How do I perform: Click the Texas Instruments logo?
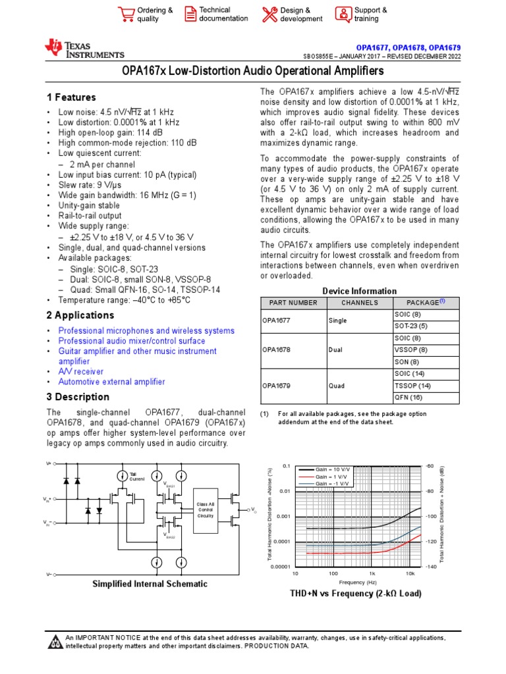pos(84,49)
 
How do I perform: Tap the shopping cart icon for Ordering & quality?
pos(125,14)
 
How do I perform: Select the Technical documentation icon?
pos(190,14)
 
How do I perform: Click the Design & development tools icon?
pos(269,14)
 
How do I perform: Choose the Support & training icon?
pos(343,14)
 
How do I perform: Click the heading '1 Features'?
pos(71,97)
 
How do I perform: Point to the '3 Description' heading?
pos(78,397)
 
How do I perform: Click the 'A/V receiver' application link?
pos(80,372)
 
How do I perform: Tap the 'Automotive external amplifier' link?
pos(111,382)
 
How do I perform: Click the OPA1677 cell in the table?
pos(276,321)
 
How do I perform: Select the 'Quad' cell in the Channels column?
pos(337,386)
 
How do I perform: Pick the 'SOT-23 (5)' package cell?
pos(410,326)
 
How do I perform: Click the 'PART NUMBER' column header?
pos(289,303)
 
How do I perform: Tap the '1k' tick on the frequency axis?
pos(372,573)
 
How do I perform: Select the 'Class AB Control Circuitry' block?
pos(206,510)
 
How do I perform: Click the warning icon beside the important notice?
pos(56,642)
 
